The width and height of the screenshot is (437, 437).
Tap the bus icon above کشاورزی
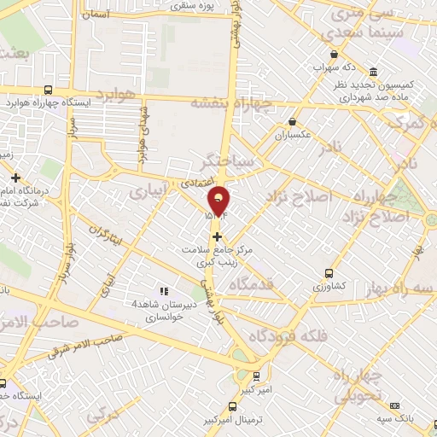pyautogui.click(x=329, y=274)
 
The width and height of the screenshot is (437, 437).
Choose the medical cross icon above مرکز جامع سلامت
pyautogui.click(x=218, y=236)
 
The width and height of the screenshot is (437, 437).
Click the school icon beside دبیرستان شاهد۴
pyautogui.click(x=164, y=292)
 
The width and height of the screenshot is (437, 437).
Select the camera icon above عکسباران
pyautogui.click(x=294, y=121)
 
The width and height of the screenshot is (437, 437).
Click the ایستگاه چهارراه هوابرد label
pyautogui.click(x=84, y=102)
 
